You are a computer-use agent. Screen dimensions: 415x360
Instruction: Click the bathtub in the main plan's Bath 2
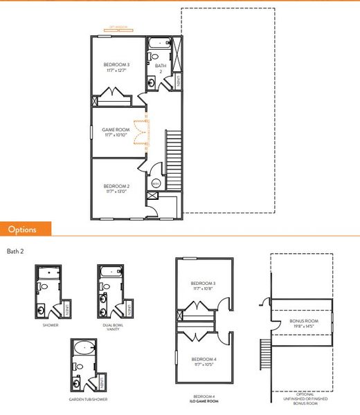(x=156, y=44)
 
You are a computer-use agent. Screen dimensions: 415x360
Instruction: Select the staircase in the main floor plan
(x=173, y=153)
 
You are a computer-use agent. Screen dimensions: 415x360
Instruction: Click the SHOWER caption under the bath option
(x=50, y=324)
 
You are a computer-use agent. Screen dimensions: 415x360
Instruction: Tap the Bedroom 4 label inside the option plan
(x=204, y=361)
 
